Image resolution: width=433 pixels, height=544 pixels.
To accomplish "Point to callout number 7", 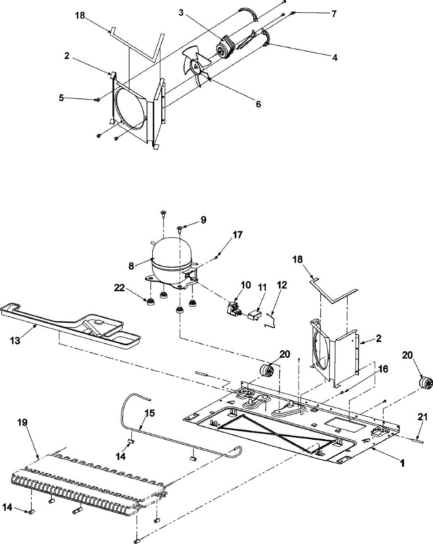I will (334, 14).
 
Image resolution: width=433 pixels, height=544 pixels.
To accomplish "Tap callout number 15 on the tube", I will (149, 413).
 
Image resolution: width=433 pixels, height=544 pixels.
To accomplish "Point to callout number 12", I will (282, 286).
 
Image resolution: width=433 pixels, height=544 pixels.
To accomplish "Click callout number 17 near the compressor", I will (238, 235).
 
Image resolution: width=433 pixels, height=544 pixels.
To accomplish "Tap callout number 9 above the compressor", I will (203, 220).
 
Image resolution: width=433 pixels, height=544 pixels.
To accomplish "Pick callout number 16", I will (383, 370).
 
